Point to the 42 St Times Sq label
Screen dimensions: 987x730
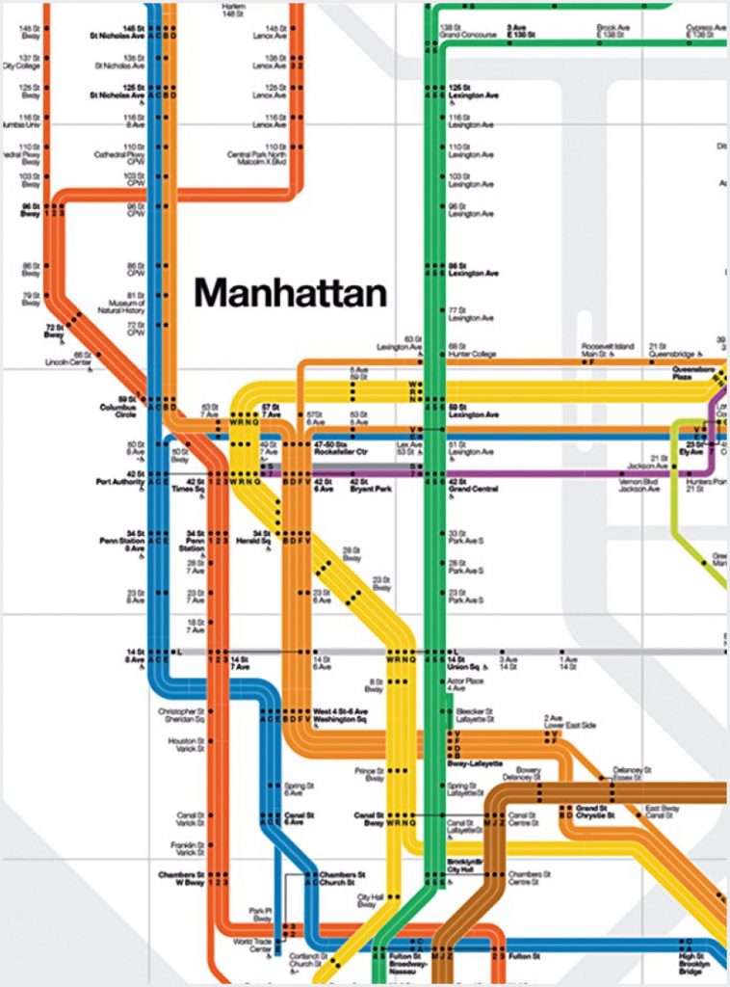click(184, 484)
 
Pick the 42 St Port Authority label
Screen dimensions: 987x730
click(121, 478)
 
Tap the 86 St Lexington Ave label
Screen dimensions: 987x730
click(473, 269)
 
